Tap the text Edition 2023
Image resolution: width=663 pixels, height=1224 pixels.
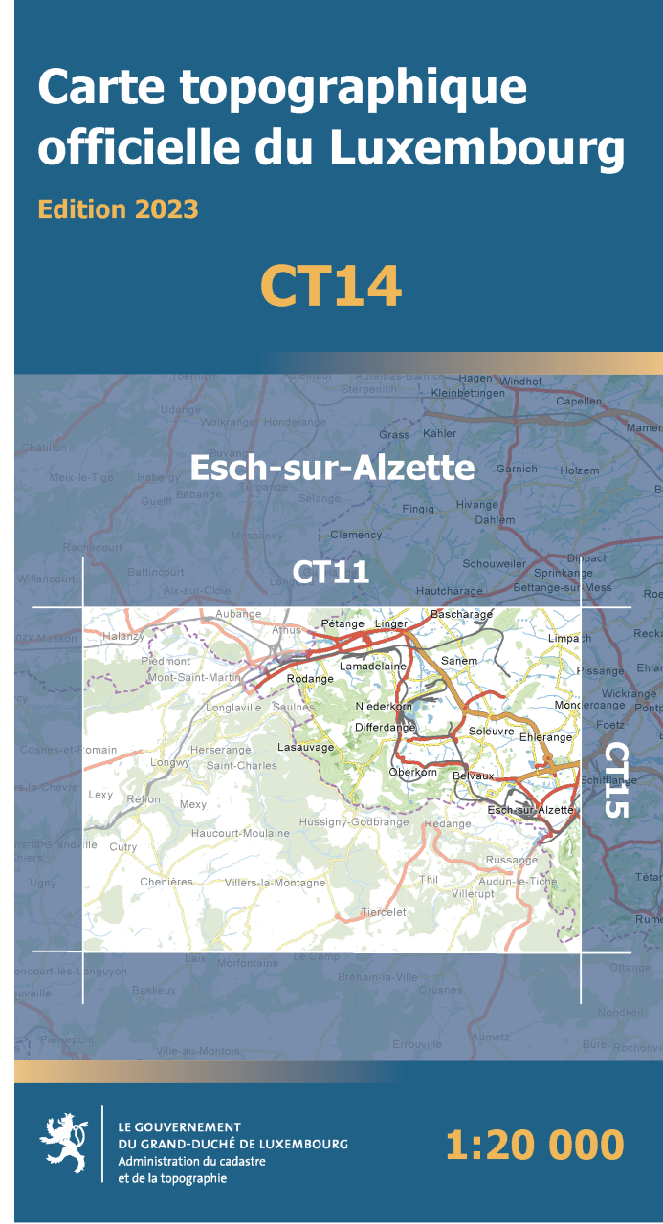[x=118, y=208]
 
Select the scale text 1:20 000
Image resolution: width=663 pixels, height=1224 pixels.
[x=534, y=1145]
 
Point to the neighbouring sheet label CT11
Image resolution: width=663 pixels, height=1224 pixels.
[x=330, y=572]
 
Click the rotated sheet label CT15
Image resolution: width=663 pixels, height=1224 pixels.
[x=616, y=779]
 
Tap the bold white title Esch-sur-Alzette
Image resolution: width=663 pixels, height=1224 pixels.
[x=332, y=468]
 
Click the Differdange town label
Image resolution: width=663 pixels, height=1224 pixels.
[x=385, y=728]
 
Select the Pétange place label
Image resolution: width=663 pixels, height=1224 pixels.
[x=343, y=623]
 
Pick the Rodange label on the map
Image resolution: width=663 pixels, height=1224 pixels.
[x=310, y=679]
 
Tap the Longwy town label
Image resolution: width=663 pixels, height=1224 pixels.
[x=170, y=762]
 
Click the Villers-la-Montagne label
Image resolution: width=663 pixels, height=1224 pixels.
[x=275, y=883]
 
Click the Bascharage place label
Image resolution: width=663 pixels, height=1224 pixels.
[x=461, y=614]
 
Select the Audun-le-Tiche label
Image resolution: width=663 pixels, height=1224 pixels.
[x=518, y=881]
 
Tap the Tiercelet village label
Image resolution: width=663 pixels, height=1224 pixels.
[x=383, y=912]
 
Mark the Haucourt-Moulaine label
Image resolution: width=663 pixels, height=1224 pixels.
[x=240, y=833]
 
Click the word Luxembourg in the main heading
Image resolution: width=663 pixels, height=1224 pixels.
[x=476, y=149]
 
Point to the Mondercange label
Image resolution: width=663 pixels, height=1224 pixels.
[x=588, y=705]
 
